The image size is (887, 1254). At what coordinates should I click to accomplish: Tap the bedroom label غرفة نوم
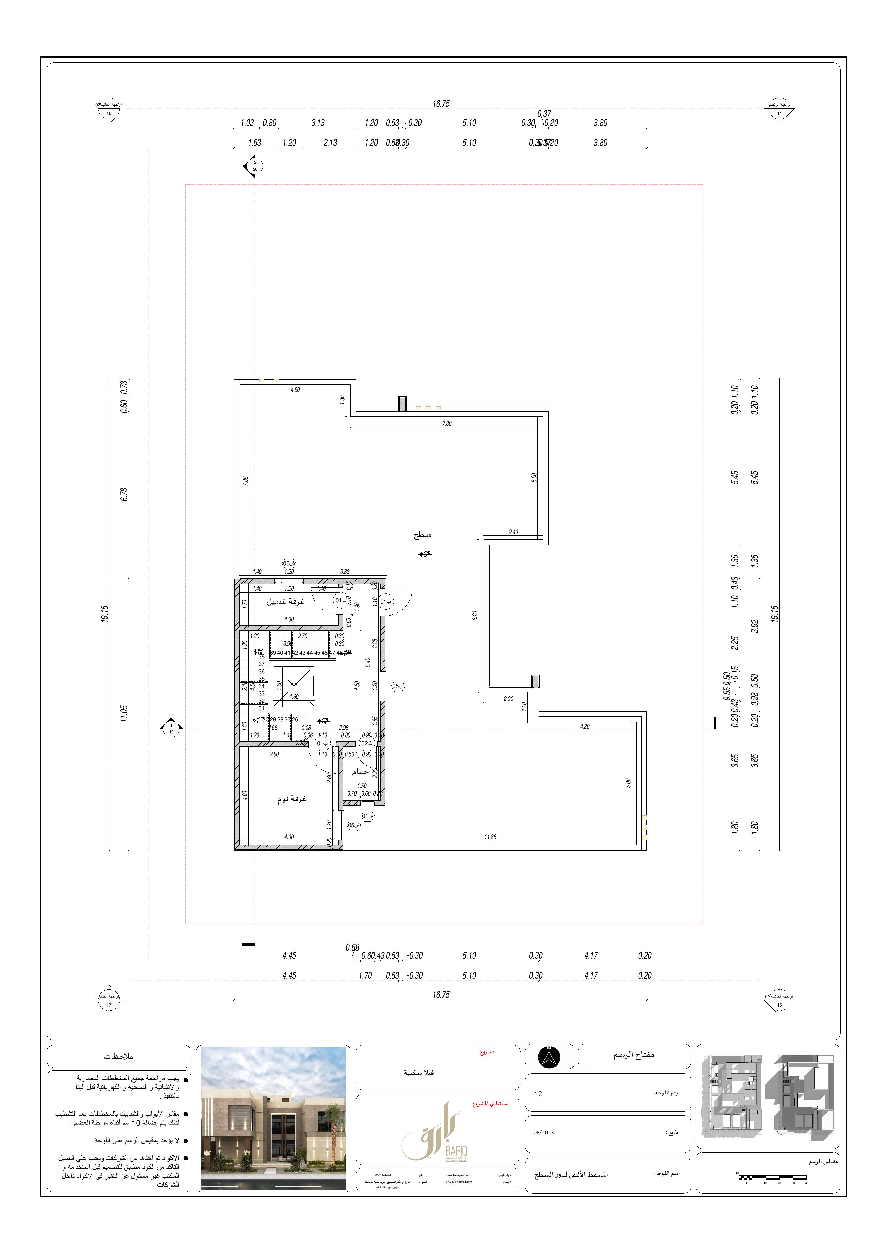[292, 799]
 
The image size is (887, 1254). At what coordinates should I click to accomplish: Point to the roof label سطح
[423, 535]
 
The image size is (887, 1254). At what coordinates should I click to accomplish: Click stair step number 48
[339, 653]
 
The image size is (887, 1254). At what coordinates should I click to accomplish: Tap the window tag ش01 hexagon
[368, 816]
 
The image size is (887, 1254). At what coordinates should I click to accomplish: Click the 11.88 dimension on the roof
[490, 837]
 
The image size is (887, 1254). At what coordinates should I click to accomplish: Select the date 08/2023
[543, 1132]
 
